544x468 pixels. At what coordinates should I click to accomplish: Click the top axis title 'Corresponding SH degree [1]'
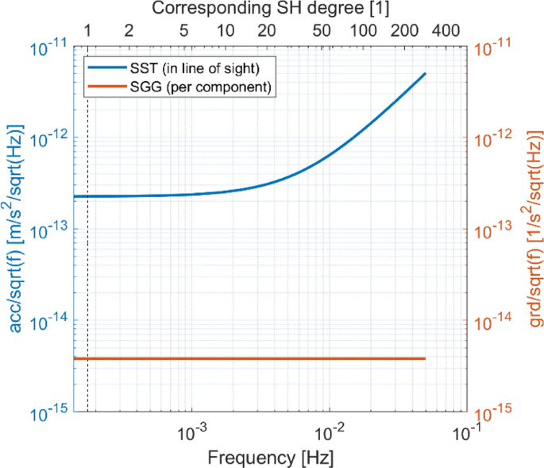[270, 10]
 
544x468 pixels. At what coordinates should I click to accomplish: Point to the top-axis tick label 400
[446, 32]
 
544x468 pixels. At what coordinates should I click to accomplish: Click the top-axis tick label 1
[88, 32]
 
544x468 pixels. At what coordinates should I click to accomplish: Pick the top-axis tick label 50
[322, 32]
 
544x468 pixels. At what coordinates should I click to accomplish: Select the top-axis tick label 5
[184, 32]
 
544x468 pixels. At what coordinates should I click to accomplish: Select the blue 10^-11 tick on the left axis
[48, 48]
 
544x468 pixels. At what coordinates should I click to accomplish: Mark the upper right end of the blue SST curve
[426, 74]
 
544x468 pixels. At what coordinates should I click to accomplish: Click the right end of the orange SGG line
[426, 359]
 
